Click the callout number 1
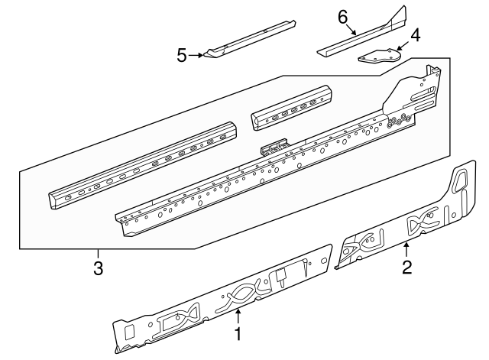(238, 334)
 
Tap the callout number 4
(415, 35)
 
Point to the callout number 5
(182, 55)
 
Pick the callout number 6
(342, 17)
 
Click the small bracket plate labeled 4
(379, 57)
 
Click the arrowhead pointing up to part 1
(238, 312)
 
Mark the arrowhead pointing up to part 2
(406, 244)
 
